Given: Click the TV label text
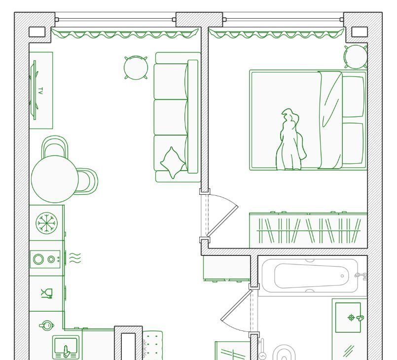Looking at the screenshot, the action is (40, 91).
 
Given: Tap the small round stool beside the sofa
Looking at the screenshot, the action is (136, 68).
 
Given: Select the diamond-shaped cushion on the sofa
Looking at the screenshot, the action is (173, 163).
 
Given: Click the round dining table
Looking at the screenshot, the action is (55, 179).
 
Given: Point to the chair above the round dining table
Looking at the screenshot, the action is (55, 146).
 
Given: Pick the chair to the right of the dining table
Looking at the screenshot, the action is (87, 181).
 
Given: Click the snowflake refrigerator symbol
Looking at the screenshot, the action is (46, 223).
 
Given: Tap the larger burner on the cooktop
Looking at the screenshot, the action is (38, 259).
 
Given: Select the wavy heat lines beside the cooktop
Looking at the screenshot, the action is (75, 258).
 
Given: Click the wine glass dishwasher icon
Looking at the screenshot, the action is (47, 293).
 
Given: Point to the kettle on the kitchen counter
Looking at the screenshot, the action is (46, 325).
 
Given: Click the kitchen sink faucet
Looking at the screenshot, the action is (67, 352).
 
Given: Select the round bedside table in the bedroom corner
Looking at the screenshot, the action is (356, 57).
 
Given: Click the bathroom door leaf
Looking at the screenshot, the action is (237, 305).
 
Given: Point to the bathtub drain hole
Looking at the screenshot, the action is (342, 276).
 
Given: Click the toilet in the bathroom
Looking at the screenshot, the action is (284, 353).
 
